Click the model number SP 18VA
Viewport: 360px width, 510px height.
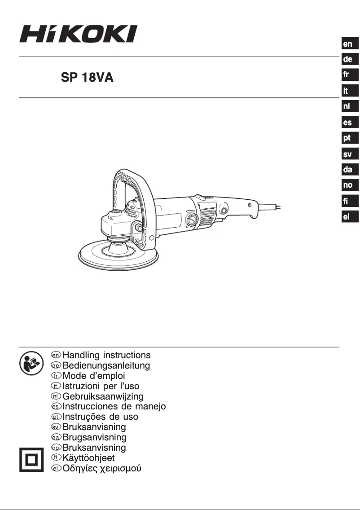(87, 78)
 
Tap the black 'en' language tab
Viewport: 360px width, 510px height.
(348, 44)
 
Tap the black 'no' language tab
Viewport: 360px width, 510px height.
(348, 185)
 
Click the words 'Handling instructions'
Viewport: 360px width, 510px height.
(106, 356)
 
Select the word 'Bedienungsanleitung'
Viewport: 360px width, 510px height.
(106, 366)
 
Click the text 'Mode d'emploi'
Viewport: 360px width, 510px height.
(94, 376)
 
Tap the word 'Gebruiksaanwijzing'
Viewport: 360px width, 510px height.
(103, 396)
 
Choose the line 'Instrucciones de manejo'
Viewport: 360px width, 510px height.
(114, 407)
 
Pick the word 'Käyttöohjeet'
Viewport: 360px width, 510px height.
(88, 458)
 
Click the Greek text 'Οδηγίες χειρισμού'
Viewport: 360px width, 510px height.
(102, 469)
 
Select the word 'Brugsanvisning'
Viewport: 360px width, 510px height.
(94, 437)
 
